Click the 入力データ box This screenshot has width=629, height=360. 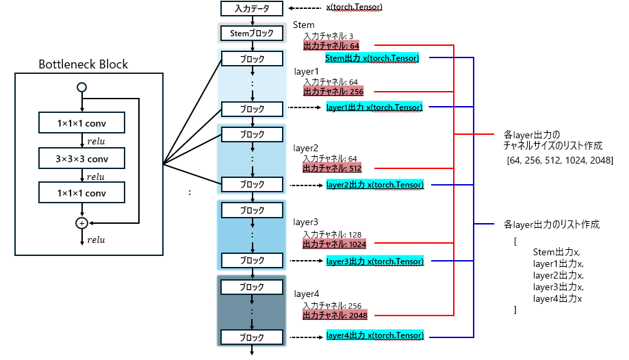[251, 9]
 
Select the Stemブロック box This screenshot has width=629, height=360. [251, 33]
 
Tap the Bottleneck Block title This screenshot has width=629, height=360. [83, 65]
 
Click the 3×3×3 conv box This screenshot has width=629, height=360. [82, 158]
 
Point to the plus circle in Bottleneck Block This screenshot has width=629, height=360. [82, 223]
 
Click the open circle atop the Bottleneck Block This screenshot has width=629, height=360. [82, 87]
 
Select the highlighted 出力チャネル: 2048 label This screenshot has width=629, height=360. [335, 316]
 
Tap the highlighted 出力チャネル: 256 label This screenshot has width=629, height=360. [333, 92]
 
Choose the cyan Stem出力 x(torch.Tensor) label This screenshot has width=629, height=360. [372, 58]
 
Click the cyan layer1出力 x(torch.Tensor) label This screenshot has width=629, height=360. [374, 107]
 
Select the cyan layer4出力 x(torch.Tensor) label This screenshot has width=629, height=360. [374, 335]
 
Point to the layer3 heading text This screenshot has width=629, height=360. [306, 222]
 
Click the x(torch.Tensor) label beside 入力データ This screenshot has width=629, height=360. [355, 8]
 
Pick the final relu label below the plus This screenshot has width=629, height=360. [96, 240]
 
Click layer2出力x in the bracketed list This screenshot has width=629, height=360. [558, 275]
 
